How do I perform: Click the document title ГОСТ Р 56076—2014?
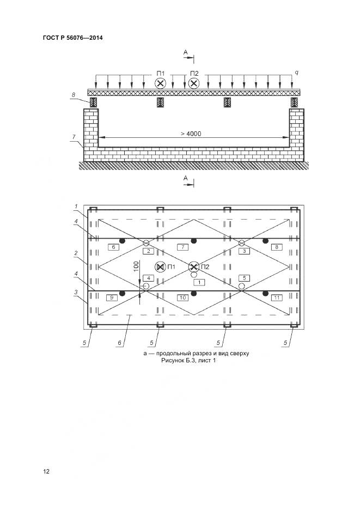tap(72, 38)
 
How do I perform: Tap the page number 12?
tap(46, 471)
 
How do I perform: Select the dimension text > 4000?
tap(191, 133)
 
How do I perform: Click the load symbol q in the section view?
tap(297, 73)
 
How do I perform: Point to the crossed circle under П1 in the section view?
tap(160, 83)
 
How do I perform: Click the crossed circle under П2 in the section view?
tap(194, 83)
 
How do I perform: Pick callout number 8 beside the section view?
tap(74, 95)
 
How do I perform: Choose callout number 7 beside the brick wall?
tap(74, 137)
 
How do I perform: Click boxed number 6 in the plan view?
tap(113, 247)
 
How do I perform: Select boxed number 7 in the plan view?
tap(183, 247)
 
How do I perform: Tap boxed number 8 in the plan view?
tap(277, 247)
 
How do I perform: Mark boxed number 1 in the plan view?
tap(199, 282)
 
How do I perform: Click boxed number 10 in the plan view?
tap(183, 297)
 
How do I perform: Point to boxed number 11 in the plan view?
tap(277, 297)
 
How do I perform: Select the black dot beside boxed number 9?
tap(123, 293)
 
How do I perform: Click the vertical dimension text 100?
tap(136, 266)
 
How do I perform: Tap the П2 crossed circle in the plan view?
tap(194, 267)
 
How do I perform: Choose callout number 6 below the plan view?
tap(120, 343)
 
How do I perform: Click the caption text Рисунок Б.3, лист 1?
tap(188, 360)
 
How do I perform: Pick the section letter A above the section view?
tap(185, 52)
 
